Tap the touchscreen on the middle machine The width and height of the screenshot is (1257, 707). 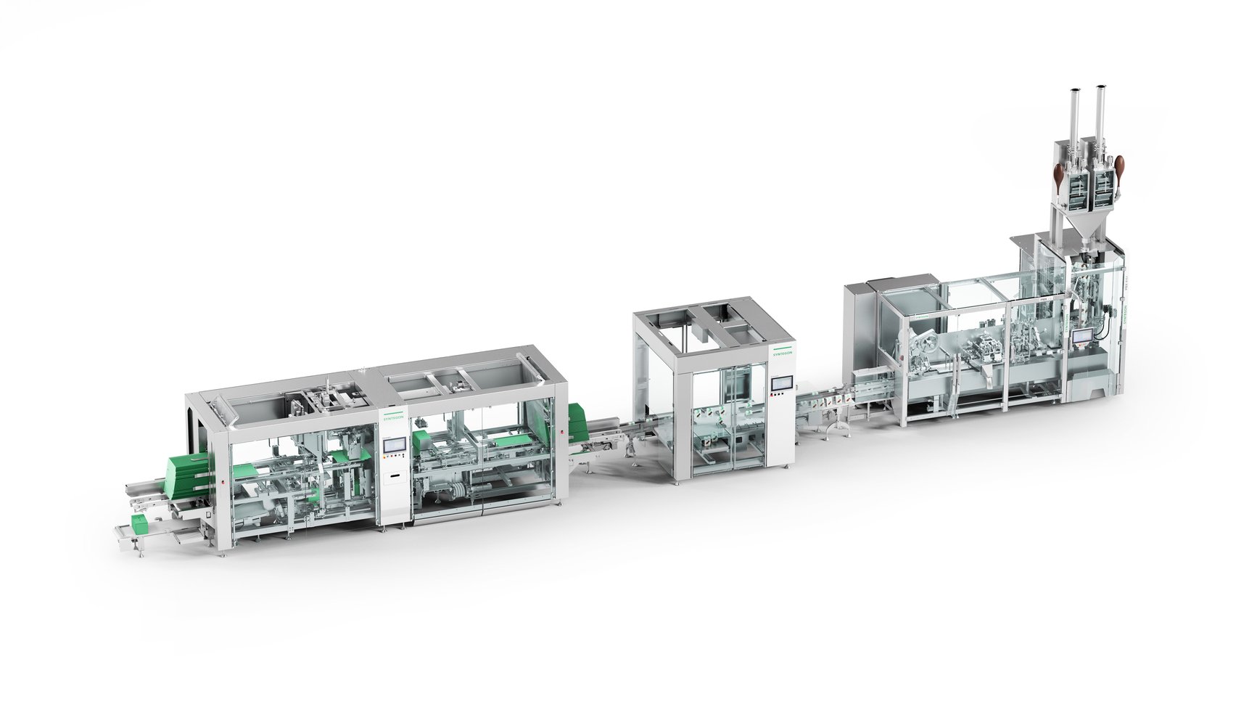(782, 384)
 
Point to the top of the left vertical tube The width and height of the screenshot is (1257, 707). (1076, 92)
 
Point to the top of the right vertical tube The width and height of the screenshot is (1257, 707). (1100, 89)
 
